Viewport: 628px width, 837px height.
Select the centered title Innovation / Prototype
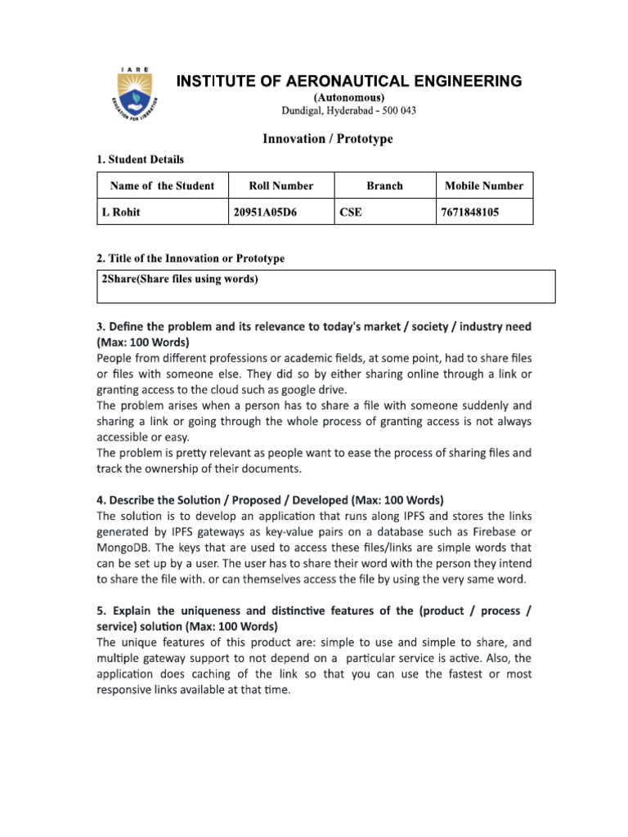(x=327, y=139)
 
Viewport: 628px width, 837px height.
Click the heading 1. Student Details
(x=141, y=159)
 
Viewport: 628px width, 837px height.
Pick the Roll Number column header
(x=280, y=186)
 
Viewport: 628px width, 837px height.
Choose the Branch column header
(x=384, y=186)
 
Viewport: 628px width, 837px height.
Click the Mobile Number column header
(x=483, y=186)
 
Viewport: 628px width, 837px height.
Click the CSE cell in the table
(x=351, y=213)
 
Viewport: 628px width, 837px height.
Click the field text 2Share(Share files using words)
(x=180, y=280)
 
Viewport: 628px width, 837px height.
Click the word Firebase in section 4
(x=490, y=531)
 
